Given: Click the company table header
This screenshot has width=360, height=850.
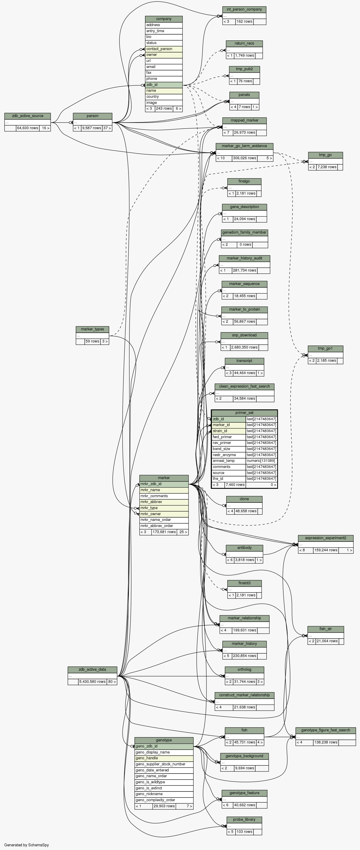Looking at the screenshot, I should [164, 19].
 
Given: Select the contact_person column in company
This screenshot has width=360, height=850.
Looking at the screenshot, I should [164, 49].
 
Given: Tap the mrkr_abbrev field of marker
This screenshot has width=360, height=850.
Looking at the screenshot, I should [164, 502].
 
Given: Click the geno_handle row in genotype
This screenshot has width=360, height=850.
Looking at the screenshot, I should [164, 758].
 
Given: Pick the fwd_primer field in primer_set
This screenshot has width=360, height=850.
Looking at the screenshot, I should [228, 437].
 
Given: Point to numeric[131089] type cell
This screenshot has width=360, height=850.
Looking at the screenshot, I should [261, 461].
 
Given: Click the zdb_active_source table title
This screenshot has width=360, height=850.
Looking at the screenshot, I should [27, 116].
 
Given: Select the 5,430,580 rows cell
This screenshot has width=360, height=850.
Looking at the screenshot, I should [92, 681].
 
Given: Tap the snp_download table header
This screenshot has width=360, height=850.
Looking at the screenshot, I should [244, 335].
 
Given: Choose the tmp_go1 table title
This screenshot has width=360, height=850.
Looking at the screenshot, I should [325, 349].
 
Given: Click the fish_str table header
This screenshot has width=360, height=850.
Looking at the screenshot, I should [325, 629].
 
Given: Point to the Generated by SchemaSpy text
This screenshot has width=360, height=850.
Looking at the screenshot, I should [26, 845].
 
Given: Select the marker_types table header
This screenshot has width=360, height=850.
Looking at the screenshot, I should [92, 329].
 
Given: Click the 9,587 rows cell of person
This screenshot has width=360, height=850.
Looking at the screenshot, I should [92, 128].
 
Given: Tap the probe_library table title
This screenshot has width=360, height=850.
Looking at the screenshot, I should [244, 819].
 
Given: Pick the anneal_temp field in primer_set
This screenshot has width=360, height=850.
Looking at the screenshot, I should [228, 461].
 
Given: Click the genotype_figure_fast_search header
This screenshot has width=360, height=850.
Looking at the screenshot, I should [325, 730].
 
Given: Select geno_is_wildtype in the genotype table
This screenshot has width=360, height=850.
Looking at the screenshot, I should [164, 782].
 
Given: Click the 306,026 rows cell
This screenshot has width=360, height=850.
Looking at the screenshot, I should [244, 158].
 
